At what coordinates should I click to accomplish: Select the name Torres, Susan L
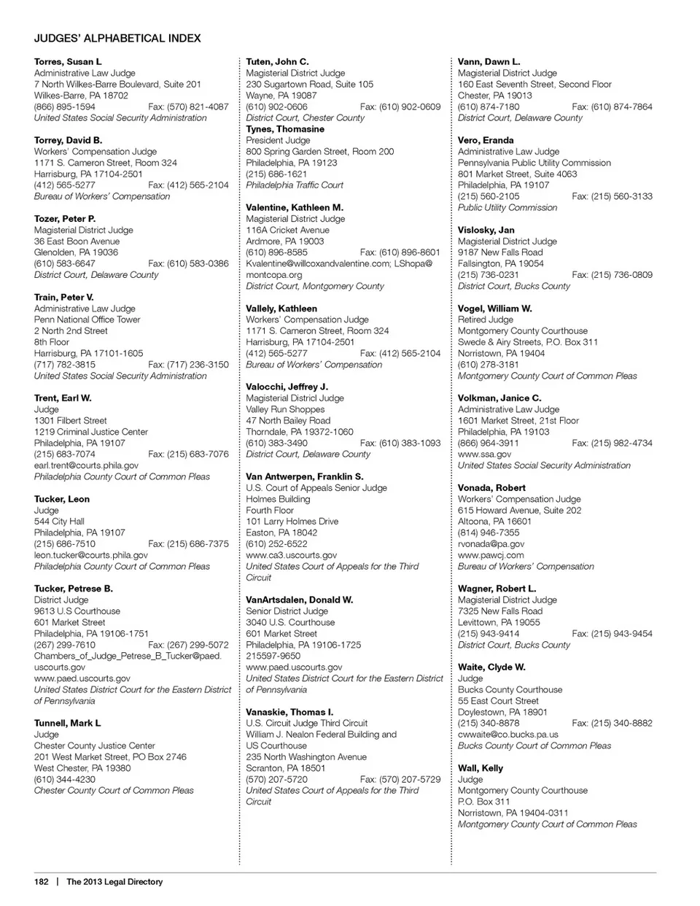tap(68, 62)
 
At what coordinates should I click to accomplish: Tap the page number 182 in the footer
tap(41, 881)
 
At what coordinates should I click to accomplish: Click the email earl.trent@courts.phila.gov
tap(86, 465)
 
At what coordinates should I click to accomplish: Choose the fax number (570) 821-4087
tap(188, 107)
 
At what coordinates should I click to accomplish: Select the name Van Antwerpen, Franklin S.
tap(305, 476)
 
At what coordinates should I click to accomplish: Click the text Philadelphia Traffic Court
tap(295, 185)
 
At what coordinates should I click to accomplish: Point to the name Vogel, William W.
tap(495, 309)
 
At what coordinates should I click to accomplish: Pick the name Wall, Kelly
tap(481, 768)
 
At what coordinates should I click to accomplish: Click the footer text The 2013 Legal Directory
tap(114, 881)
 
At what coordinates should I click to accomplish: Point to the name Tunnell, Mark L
tap(67, 723)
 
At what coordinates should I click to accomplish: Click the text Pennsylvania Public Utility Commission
tap(534, 163)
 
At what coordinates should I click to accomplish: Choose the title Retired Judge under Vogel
tap(486, 320)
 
